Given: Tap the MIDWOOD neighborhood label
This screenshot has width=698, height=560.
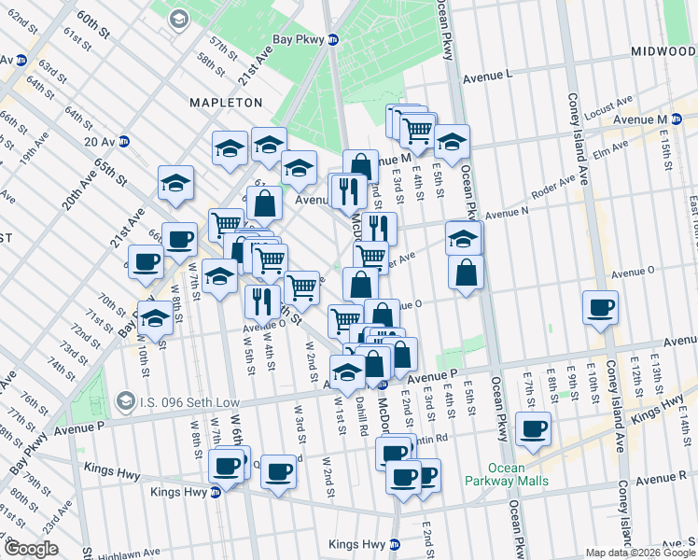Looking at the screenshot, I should tap(663, 49).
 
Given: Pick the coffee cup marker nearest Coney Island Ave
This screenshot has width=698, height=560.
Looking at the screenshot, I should tap(600, 307).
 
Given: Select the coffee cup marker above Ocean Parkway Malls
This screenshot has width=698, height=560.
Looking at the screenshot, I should tap(533, 428).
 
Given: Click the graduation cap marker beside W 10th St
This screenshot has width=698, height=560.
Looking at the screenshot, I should tap(156, 317).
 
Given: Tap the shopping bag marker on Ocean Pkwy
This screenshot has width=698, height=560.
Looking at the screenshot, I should tap(466, 272).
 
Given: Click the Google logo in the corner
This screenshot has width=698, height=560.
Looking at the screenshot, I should tap(31, 549).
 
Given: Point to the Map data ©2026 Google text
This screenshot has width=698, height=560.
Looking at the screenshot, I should tap(641, 553).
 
